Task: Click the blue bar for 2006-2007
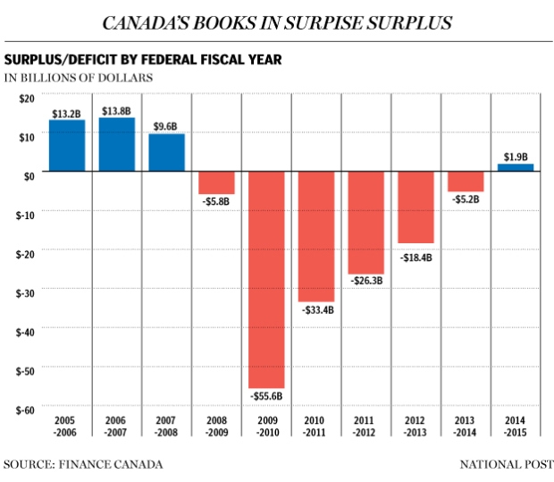tap(116, 144)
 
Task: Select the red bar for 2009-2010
tap(266, 280)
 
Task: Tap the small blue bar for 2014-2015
tap(516, 167)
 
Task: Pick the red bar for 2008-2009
tap(216, 182)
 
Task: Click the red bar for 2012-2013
tap(415, 207)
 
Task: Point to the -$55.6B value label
tap(266, 396)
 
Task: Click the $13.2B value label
tap(66, 114)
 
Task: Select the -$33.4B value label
tap(317, 310)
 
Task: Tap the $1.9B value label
tap(516, 156)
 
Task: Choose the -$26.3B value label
tap(366, 281)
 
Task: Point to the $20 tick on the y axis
tap(27, 98)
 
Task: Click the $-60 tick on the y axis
tap(25, 410)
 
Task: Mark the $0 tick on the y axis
tap(29, 176)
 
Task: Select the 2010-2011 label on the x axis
tap(315, 427)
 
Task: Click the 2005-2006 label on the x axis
tap(64, 427)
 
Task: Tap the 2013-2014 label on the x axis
tap(465, 427)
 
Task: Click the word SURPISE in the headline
tap(323, 23)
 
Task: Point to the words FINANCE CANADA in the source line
tap(111, 464)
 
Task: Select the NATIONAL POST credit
tap(507, 464)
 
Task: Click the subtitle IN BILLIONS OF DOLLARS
tap(79, 78)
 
